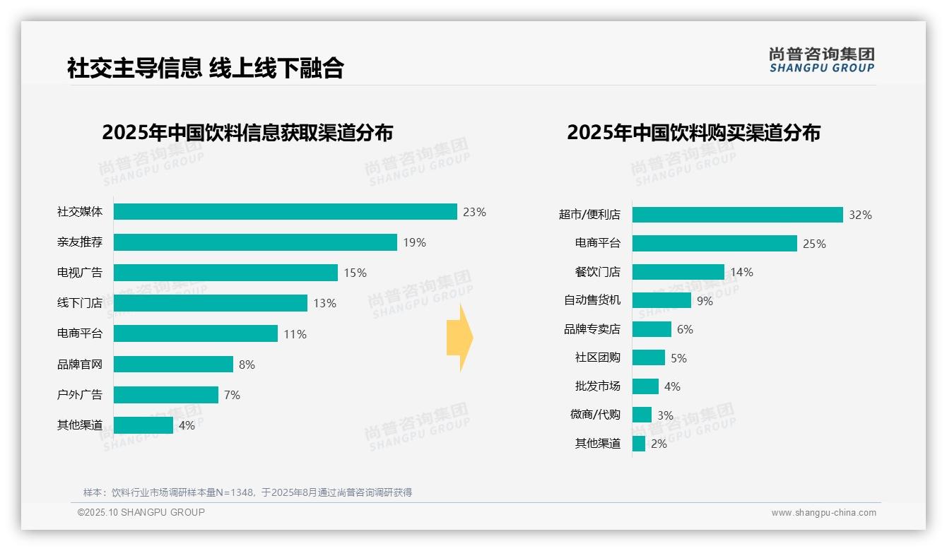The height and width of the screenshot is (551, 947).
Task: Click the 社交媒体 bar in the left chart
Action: pos(285,212)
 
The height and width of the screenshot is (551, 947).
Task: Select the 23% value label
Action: pos(474,212)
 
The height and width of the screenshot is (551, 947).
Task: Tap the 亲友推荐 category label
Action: pos(80,242)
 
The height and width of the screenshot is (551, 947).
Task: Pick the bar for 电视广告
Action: pos(225,273)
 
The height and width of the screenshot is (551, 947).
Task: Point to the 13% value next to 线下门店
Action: pos(324,304)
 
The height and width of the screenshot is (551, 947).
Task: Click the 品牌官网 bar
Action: pos(173,365)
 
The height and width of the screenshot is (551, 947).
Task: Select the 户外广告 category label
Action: pos(80,395)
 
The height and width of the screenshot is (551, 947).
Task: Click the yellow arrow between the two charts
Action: pos(459,338)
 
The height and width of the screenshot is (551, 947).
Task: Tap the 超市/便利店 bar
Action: pos(737,215)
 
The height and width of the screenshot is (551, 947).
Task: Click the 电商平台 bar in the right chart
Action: pos(714,244)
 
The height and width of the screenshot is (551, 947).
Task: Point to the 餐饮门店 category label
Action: pos(597,272)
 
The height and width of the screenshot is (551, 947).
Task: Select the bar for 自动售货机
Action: pos(661,300)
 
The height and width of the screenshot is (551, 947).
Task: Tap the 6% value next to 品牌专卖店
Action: pos(685,329)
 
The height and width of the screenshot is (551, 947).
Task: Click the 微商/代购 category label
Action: pos(595,415)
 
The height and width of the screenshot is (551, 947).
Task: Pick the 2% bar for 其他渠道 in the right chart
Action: pos(639,444)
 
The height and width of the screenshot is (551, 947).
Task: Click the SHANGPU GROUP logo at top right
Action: pos(821,60)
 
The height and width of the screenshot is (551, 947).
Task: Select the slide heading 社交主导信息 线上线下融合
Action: pos(205,68)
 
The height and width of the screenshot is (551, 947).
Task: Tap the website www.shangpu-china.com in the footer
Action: pos(823,513)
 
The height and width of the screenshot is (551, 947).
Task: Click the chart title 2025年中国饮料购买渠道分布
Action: pos(693,133)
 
